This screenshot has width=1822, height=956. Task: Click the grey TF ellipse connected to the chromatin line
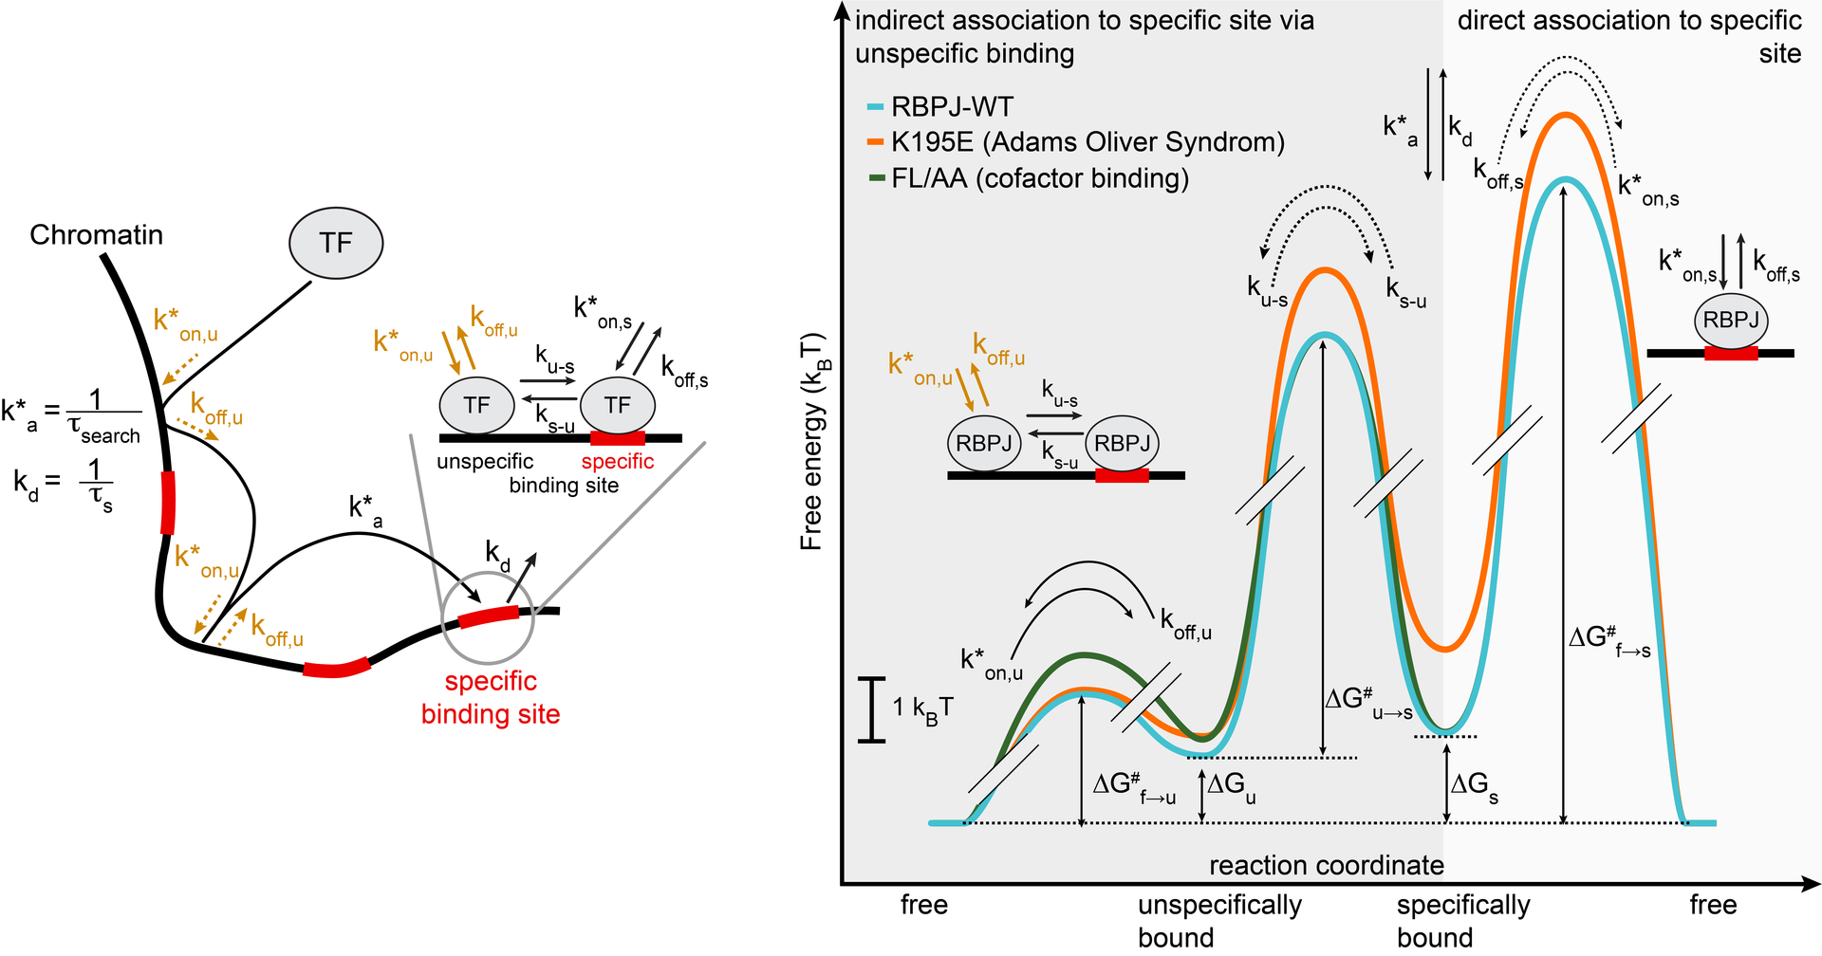336,244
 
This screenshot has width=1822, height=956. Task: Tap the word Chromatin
97,234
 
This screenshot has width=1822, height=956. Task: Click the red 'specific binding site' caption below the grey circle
491,697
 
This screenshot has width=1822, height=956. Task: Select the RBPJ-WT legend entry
940,107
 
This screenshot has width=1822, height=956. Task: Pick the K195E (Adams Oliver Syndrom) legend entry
1075,142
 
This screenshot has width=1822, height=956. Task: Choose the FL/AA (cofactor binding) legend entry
1027,178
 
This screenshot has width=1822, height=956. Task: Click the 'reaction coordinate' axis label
1327,865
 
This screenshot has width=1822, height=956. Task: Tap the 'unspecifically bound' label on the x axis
1219,921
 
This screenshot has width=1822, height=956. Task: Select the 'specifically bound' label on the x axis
1463,921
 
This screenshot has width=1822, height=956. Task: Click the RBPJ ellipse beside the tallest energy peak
1731,321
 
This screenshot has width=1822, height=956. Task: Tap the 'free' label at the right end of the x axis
1713,905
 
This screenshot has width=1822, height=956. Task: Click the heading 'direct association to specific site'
1629,36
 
